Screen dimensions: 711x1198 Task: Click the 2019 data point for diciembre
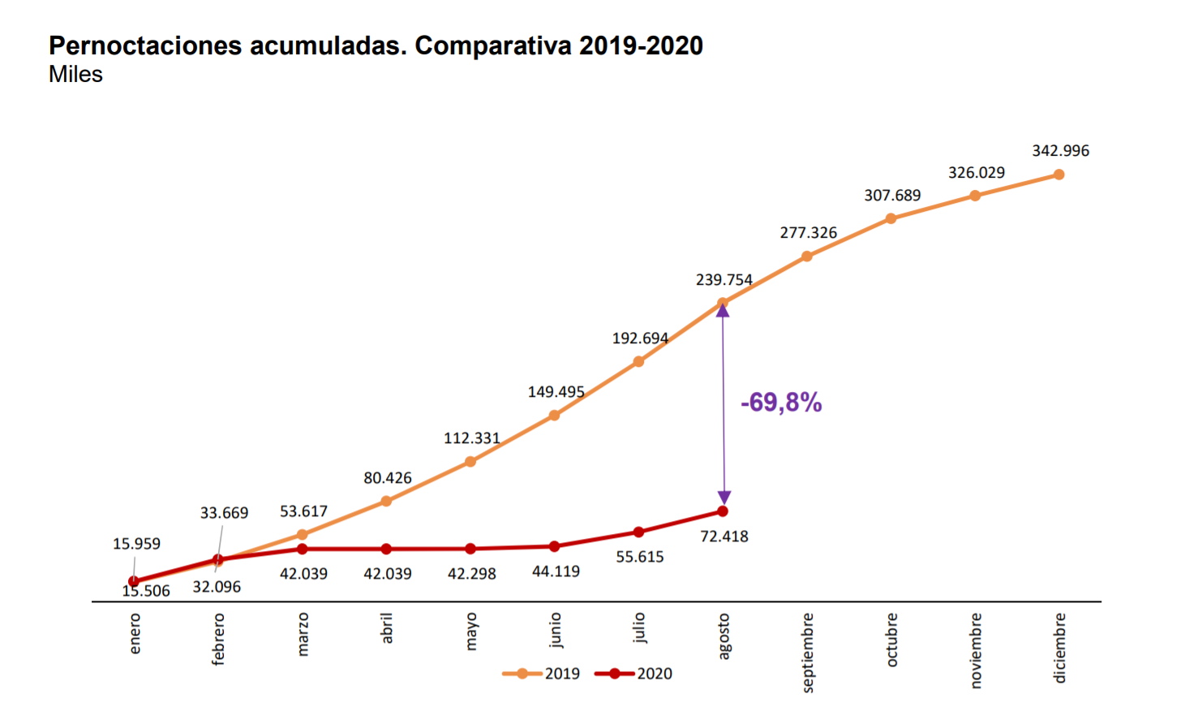point(1058,175)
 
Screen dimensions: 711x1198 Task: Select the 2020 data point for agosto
point(723,511)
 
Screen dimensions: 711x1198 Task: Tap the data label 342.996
point(1060,151)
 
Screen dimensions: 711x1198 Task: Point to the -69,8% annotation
point(781,403)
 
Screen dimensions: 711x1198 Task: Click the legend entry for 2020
point(634,674)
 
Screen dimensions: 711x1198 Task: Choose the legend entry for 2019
point(542,674)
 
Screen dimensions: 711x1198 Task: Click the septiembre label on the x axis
point(808,653)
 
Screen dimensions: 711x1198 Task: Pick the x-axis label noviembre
point(976,650)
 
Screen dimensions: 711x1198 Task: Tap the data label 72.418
point(724,536)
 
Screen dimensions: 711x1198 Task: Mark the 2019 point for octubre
point(891,218)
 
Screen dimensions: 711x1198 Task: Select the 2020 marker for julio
point(638,532)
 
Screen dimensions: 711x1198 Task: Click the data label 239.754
point(724,280)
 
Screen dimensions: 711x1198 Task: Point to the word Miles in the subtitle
point(75,75)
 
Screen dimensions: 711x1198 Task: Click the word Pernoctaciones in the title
point(145,45)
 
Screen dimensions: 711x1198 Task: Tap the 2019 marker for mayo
point(470,462)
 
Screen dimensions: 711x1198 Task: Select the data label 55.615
point(640,557)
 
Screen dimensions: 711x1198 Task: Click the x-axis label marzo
point(303,635)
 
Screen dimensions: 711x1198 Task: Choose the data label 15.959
point(136,544)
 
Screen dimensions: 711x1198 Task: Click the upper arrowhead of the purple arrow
point(723,310)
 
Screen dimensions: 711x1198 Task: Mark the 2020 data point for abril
point(386,549)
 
